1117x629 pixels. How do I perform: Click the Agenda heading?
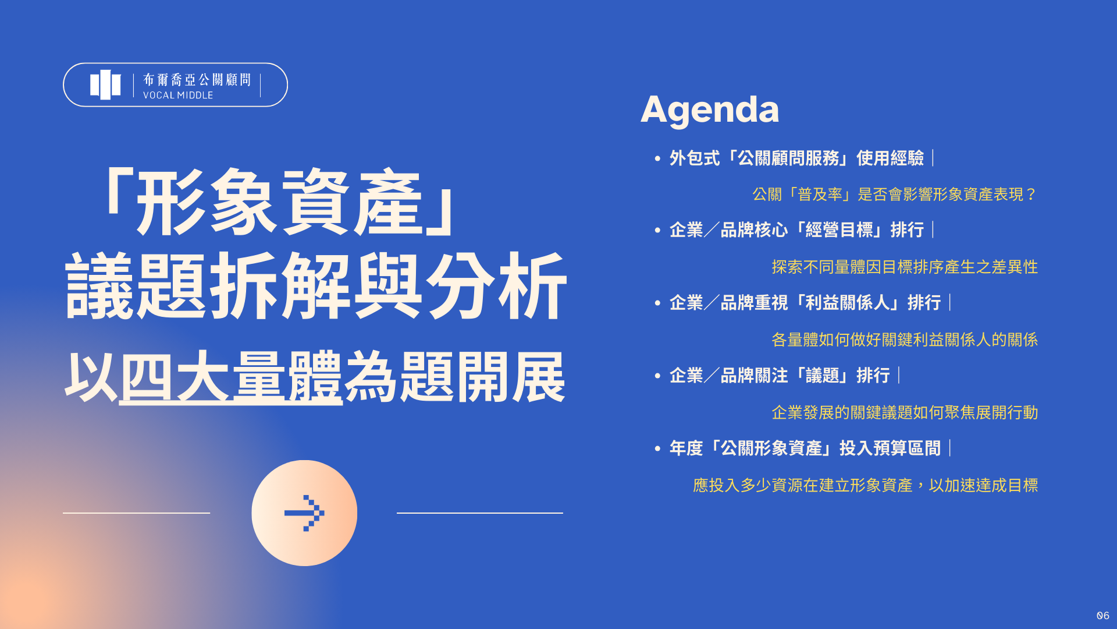(x=709, y=109)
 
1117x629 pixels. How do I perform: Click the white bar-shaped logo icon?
(x=105, y=85)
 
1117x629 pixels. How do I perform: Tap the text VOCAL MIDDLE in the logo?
(x=178, y=96)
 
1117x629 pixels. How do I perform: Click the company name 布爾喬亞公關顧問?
(x=197, y=79)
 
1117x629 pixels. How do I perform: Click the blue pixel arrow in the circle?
(x=304, y=513)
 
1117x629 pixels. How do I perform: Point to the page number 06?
(x=1102, y=616)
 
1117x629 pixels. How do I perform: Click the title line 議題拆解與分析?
(x=315, y=287)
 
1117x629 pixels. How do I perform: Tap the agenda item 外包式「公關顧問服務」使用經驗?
(x=796, y=158)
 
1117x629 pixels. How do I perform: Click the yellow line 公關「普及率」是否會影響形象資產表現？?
(x=894, y=195)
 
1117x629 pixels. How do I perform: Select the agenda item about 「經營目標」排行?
(x=796, y=230)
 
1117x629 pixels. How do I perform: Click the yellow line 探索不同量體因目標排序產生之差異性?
(x=904, y=267)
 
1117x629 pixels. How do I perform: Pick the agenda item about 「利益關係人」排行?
(x=805, y=303)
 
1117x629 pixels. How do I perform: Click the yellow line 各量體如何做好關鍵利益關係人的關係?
(x=904, y=340)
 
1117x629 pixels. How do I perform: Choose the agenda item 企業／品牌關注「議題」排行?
(x=779, y=376)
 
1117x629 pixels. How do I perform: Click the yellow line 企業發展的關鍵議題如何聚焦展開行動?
(x=904, y=413)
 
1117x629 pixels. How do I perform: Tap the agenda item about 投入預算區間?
(x=805, y=448)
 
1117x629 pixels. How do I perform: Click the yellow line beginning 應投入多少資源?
(x=865, y=486)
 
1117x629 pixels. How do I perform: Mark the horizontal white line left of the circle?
(x=136, y=513)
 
